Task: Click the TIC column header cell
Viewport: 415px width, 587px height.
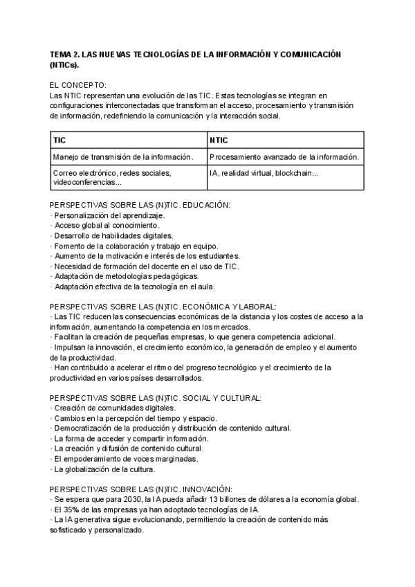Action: pyautogui.click(x=129, y=140)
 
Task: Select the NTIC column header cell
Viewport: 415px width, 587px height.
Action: pyautogui.click(x=285, y=140)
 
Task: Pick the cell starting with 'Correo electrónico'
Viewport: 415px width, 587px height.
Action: pyautogui.click(x=129, y=177)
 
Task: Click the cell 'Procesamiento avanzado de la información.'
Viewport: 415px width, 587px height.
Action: pyautogui.click(x=285, y=157)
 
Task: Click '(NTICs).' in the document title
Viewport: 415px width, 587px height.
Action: pyautogui.click(x=64, y=65)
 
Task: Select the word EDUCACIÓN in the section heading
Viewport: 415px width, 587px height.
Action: pyautogui.click(x=204, y=206)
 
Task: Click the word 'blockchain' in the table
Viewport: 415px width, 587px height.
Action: pyautogui.click(x=296, y=173)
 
